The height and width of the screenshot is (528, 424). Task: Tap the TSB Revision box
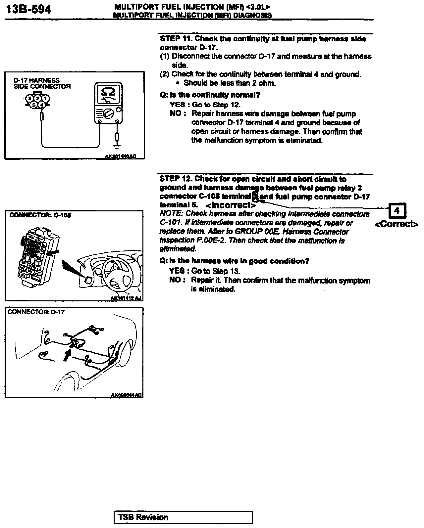183,517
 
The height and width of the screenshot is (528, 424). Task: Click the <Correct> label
397,224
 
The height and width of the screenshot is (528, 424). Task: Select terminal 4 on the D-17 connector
42,105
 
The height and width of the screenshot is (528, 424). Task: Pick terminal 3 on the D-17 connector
30,98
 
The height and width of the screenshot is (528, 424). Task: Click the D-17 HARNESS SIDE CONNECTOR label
42,83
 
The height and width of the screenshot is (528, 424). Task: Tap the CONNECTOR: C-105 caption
40,215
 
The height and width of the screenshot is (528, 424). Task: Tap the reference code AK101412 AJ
126,298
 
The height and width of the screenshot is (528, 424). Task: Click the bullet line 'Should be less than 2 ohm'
230,83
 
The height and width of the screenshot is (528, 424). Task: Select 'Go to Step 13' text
215,271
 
